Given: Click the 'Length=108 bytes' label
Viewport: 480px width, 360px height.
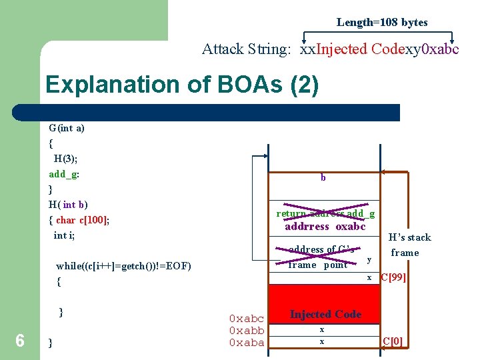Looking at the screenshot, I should coord(382,22).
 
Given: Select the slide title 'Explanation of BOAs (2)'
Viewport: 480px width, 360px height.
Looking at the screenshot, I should coord(182,85).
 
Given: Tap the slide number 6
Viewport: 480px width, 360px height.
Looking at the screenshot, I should coord(20,341).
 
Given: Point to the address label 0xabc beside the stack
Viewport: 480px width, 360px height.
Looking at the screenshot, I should coord(247,319).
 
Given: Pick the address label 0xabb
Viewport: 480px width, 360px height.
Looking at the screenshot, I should coord(247,331).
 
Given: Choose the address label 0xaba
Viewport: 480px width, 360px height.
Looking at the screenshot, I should coord(247,343).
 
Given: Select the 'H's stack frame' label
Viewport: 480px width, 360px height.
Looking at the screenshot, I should coord(410,245).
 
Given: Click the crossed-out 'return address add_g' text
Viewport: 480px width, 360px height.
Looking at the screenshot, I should coord(325,213).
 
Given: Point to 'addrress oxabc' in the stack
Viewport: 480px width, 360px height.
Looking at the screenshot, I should coord(325,226).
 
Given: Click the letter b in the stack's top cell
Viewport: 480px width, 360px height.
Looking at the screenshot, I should coord(323,178).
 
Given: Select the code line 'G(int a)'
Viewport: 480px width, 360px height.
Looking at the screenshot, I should coord(67,128).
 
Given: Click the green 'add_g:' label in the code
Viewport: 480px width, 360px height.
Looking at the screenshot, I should coord(64,174).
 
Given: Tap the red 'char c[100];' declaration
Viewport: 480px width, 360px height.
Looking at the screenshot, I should coord(83,220).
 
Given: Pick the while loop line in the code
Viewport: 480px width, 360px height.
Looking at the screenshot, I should coord(123,266).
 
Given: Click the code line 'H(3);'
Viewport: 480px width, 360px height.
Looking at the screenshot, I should coord(66,159).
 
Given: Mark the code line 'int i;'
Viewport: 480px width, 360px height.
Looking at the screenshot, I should coord(65,235).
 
